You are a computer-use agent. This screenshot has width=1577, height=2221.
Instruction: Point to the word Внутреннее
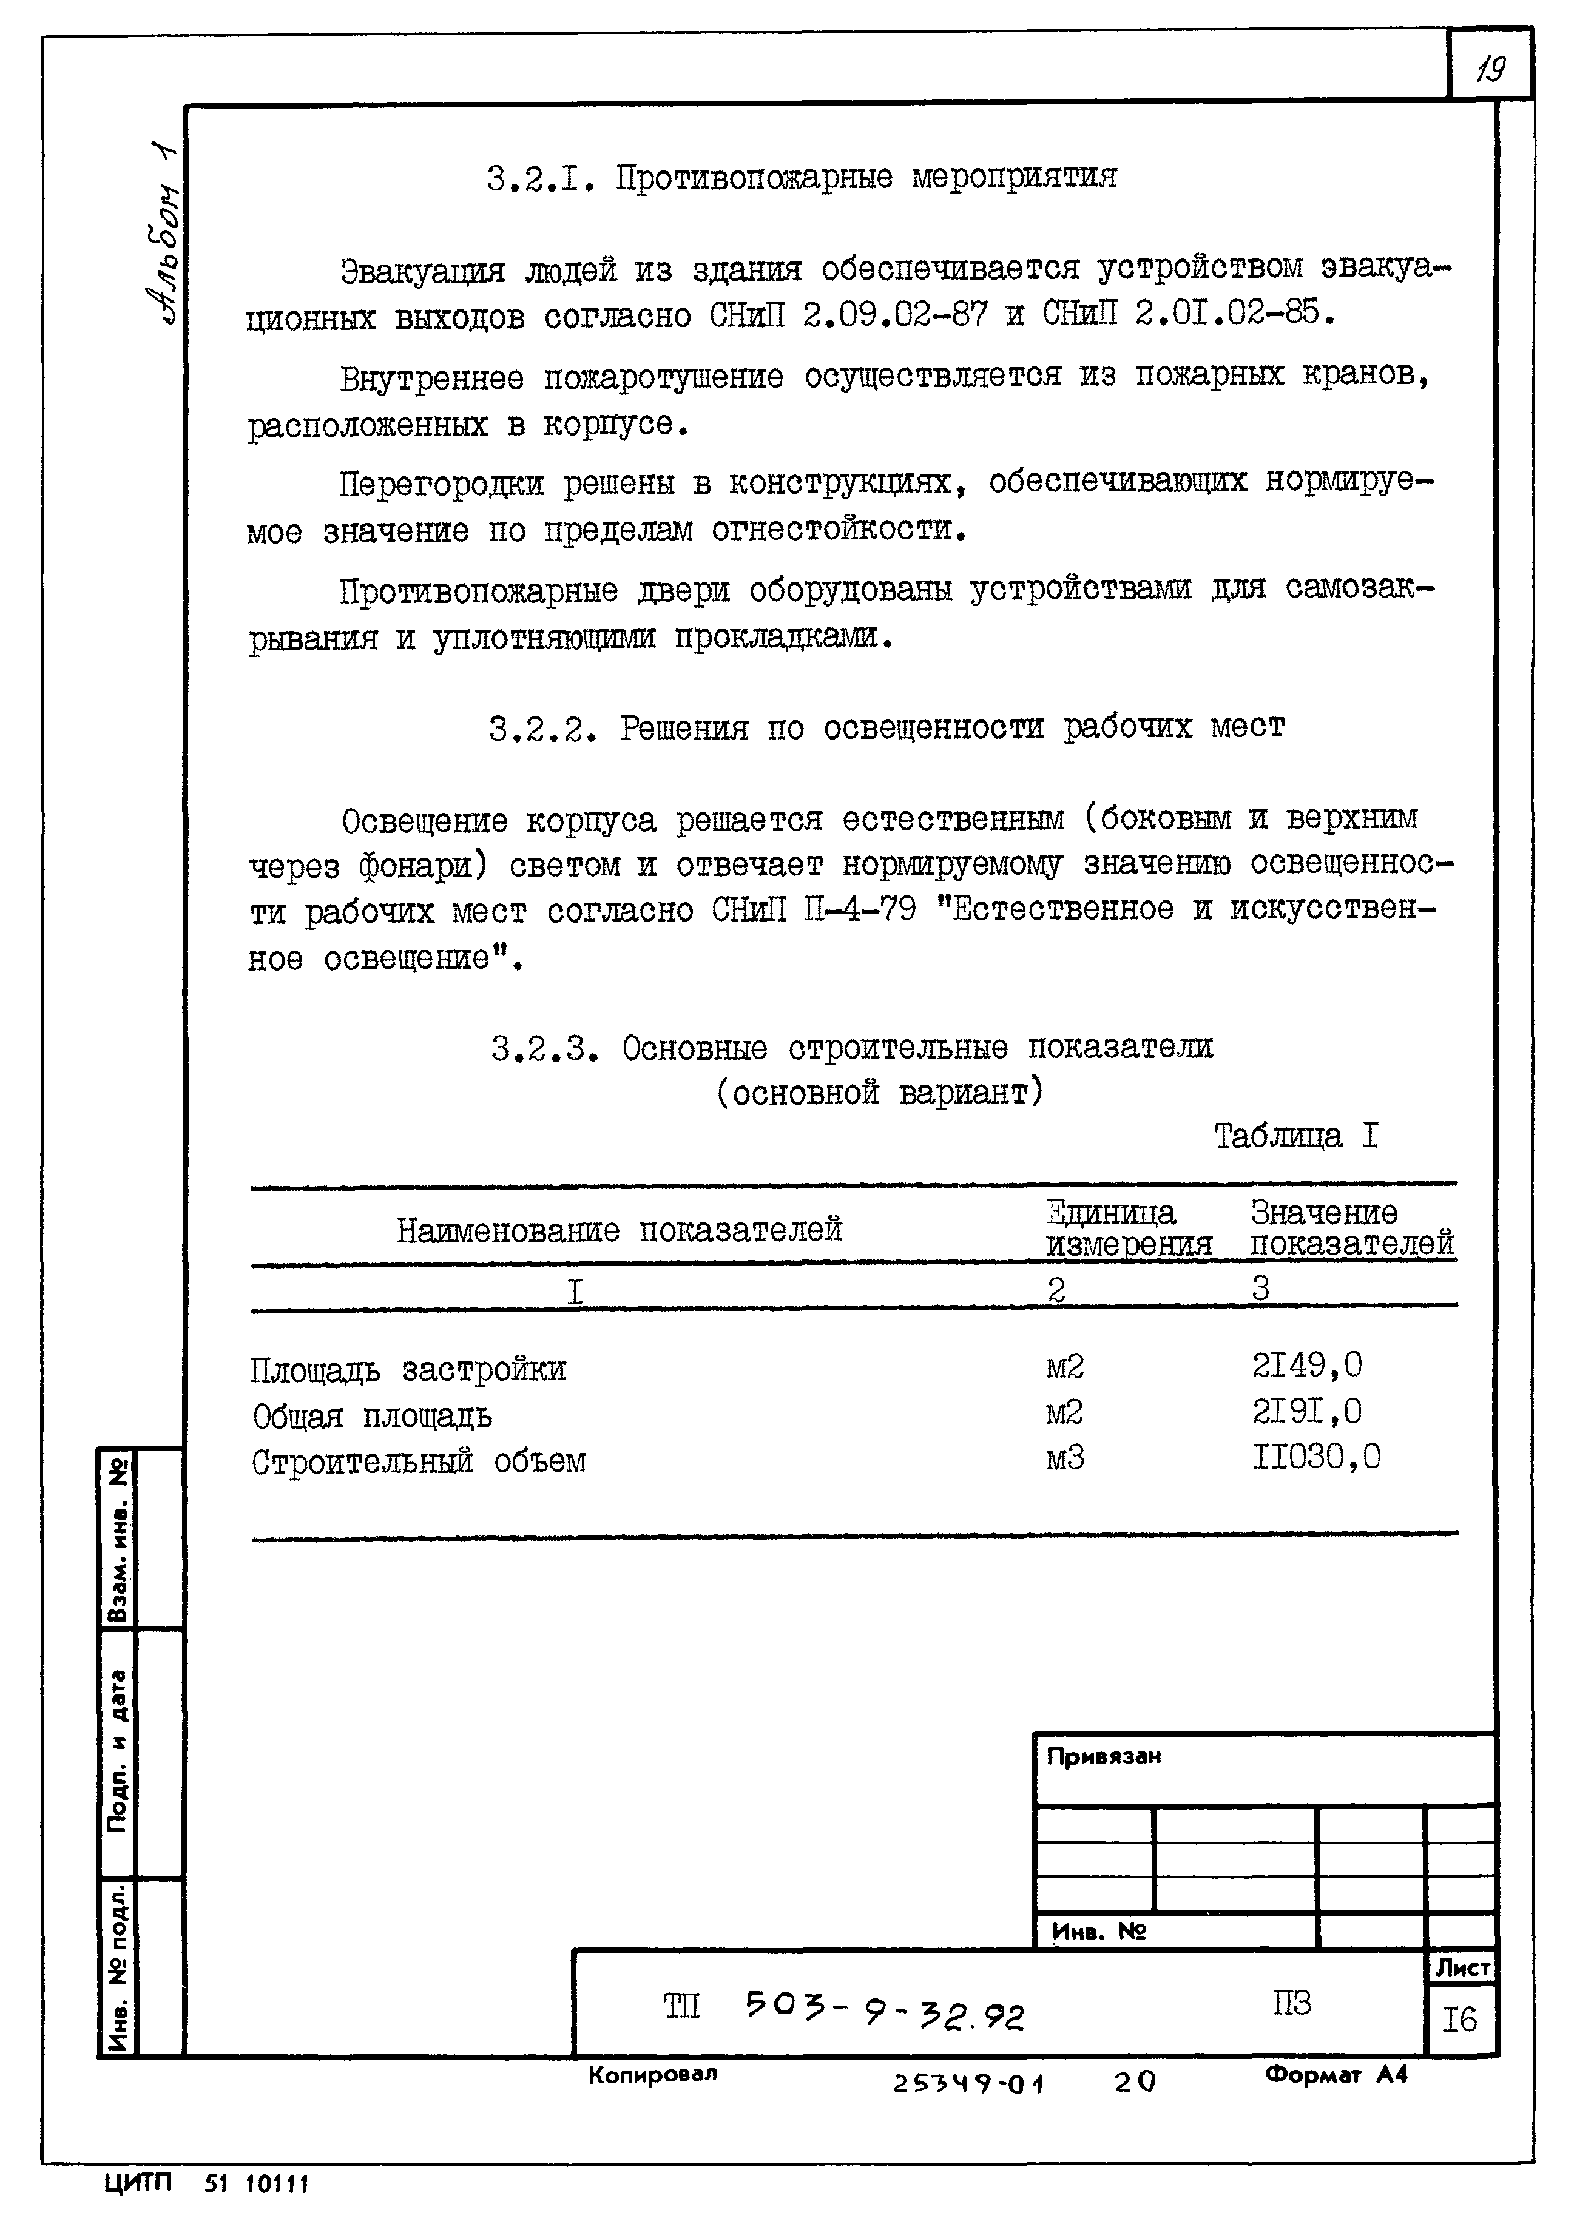coord(431,377)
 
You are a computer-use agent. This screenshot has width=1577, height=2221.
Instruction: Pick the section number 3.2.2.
coord(541,728)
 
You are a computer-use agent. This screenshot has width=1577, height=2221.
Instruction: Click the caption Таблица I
coord(1295,1135)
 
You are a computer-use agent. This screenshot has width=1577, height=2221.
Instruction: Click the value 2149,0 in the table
coord(1306,1366)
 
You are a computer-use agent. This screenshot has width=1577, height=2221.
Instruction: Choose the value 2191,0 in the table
coord(1306,1412)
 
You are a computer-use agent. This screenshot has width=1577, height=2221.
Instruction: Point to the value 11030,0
coord(1316,1457)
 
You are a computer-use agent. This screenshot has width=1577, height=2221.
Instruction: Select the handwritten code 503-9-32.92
coord(883,2011)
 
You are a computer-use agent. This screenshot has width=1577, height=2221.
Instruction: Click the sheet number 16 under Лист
coord(1459,2020)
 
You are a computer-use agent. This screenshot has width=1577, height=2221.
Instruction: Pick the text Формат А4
coord(1336,2074)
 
